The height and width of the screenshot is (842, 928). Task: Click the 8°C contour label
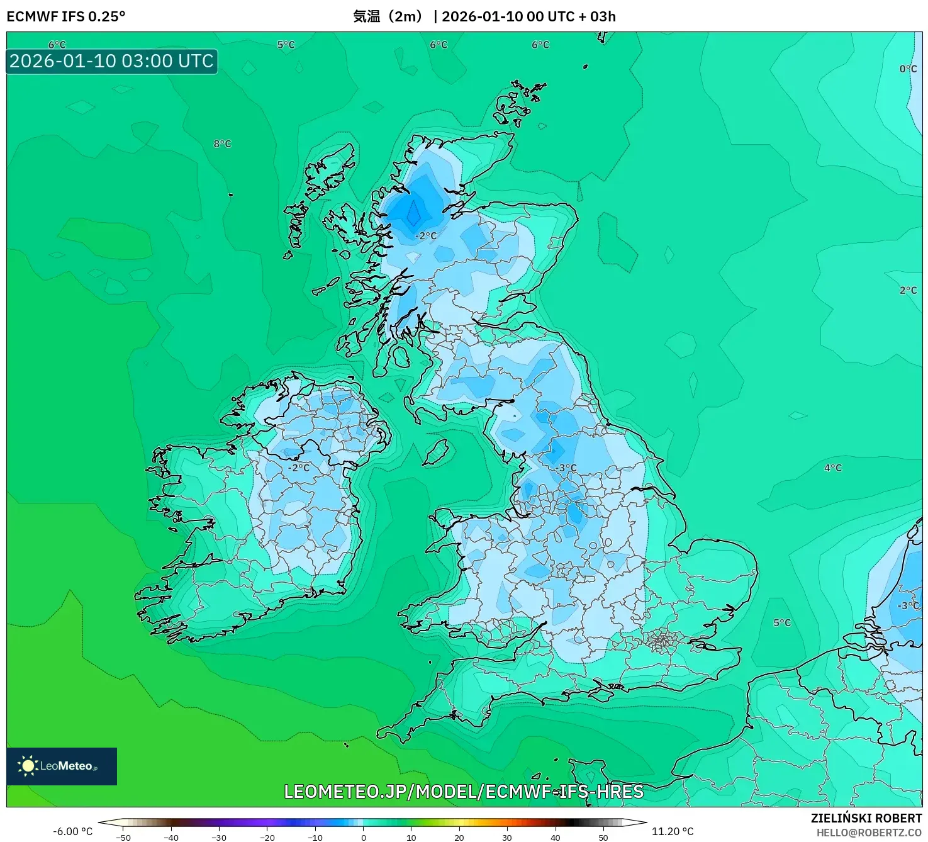pos(222,144)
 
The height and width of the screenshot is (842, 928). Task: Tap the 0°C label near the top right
pos(908,69)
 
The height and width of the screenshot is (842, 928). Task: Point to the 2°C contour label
pos(908,291)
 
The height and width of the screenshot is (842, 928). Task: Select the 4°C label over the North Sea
pos(832,468)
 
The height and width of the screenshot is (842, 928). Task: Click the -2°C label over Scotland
pos(426,236)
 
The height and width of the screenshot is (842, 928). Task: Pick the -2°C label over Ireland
pos(299,468)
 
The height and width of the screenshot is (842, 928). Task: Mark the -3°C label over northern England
pos(566,468)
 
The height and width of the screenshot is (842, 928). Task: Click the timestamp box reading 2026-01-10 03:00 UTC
pos(112,62)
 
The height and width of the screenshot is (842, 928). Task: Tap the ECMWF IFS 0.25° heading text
pos(66,16)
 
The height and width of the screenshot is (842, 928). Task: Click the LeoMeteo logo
pos(62,766)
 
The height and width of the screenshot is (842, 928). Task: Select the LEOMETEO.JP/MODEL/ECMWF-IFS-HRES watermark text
pos(464,792)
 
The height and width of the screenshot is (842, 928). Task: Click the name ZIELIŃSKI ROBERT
pos(866,818)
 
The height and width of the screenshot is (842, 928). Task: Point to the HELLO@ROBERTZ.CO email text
pos(869,833)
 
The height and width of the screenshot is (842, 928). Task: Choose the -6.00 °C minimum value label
pos(72,831)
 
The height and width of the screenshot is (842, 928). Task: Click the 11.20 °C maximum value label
pos(673,831)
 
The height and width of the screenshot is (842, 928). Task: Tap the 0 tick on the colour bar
pos(364,838)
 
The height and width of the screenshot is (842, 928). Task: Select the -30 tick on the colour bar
pos(219,838)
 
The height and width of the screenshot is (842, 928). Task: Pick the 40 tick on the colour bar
pos(556,838)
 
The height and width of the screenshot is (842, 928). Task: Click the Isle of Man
pos(436,451)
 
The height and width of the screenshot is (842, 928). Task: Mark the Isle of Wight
pos(598,694)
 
